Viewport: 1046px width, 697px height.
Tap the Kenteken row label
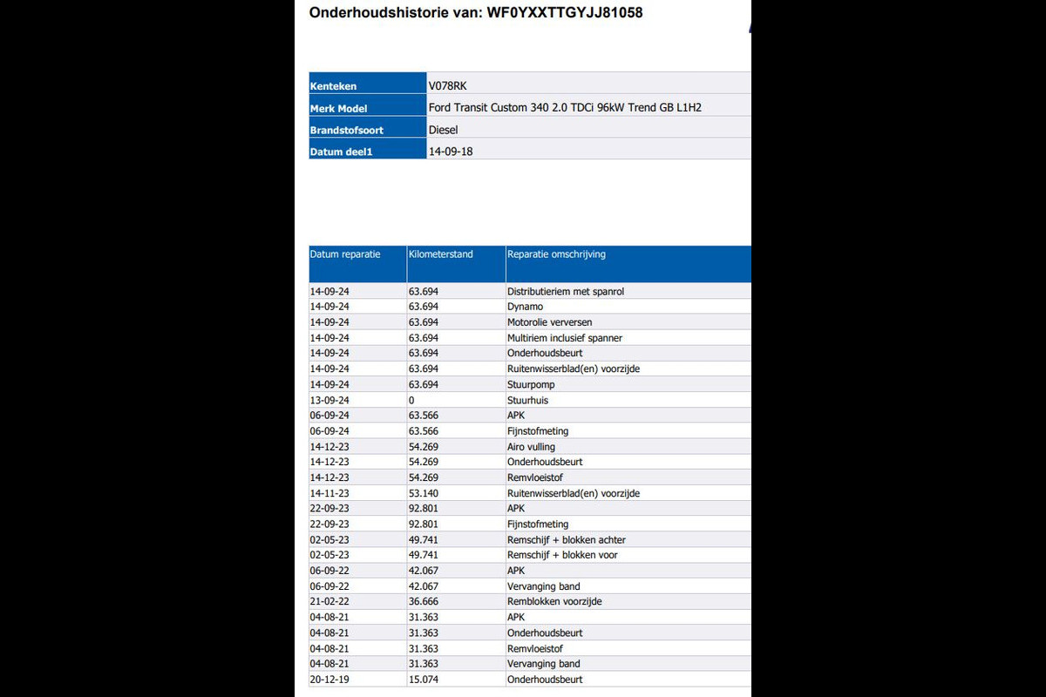[333, 86]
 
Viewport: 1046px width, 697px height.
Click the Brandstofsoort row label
[346, 130]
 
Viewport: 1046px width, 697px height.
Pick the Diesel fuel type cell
[444, 130]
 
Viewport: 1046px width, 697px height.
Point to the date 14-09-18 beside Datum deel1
[451, 152]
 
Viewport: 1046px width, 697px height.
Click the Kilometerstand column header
[440, 254]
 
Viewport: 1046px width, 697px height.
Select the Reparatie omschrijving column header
[556, 254]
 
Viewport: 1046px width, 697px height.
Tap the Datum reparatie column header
[345, 254]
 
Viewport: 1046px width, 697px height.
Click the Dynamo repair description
[525, 307]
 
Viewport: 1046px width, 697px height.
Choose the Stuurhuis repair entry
[527, 400]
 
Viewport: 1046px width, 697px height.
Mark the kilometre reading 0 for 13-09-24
[411, 400]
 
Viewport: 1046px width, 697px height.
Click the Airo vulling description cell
[531, 447]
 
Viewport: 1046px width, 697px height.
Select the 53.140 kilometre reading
[423, 493]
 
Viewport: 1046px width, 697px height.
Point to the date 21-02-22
[329, 602]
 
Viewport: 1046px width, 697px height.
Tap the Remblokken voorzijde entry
[554, 602]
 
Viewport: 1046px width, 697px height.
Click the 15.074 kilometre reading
[423, 680]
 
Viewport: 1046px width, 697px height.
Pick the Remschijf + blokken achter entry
[566, 540]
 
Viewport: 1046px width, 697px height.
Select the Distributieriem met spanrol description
[566, 292]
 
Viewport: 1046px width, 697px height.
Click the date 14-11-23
[329, 493]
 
